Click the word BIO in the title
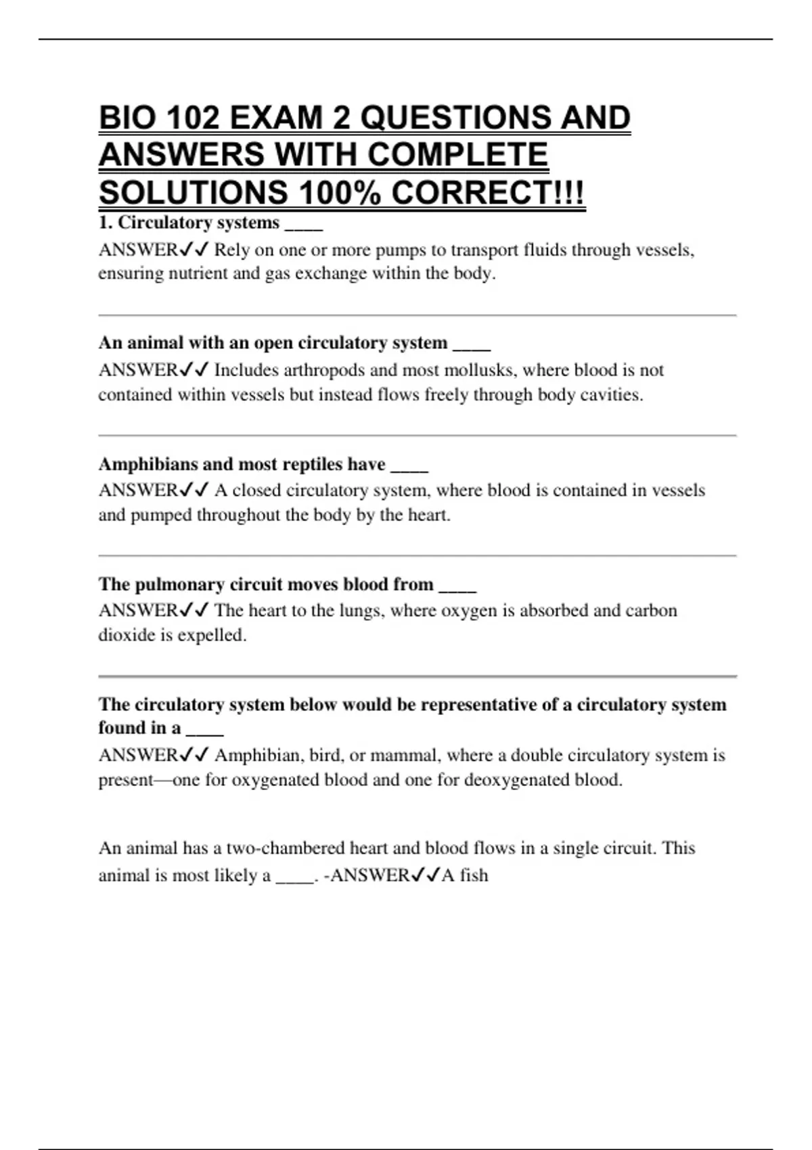tap(126, 118)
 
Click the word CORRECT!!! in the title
tap(488, 193)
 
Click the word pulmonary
tap(179, 584)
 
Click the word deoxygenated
tap(516, 780)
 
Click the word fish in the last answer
tap(474, 875)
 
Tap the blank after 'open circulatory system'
tap(471, 345)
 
